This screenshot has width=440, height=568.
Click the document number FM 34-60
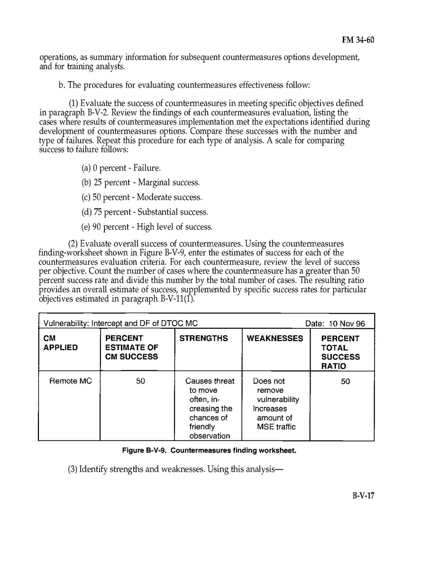[x=358, y=40]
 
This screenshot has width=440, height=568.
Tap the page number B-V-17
[x=363, y=496]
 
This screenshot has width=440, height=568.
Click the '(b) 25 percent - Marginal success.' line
[x=140, y=182]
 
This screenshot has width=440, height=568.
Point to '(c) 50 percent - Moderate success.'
[x=142, y=197]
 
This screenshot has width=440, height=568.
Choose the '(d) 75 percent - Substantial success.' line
[x=145, y=212]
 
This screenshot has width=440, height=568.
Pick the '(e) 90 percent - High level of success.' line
[x=147, y=227]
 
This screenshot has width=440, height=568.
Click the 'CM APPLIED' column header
[x=60, y=343]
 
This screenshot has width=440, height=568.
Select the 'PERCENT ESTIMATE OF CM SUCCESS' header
[x=131, y=347]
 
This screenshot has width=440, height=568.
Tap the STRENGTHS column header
[x=203, y=338]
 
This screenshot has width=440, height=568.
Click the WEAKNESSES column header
[x=275, y=338]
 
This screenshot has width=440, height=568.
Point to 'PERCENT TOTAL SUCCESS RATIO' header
[x=340, y=352]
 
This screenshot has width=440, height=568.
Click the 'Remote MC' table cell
[x=71, y=381]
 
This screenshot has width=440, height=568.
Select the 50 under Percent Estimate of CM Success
[x=140, y=381]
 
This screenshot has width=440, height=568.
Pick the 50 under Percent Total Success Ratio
[x=345, y=381]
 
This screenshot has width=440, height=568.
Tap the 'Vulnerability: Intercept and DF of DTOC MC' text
[x=120, y=324]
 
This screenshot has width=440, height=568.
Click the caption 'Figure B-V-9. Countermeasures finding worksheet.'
[x=209, y=451]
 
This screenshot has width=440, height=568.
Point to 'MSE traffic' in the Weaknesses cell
[x=276, y=427]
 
